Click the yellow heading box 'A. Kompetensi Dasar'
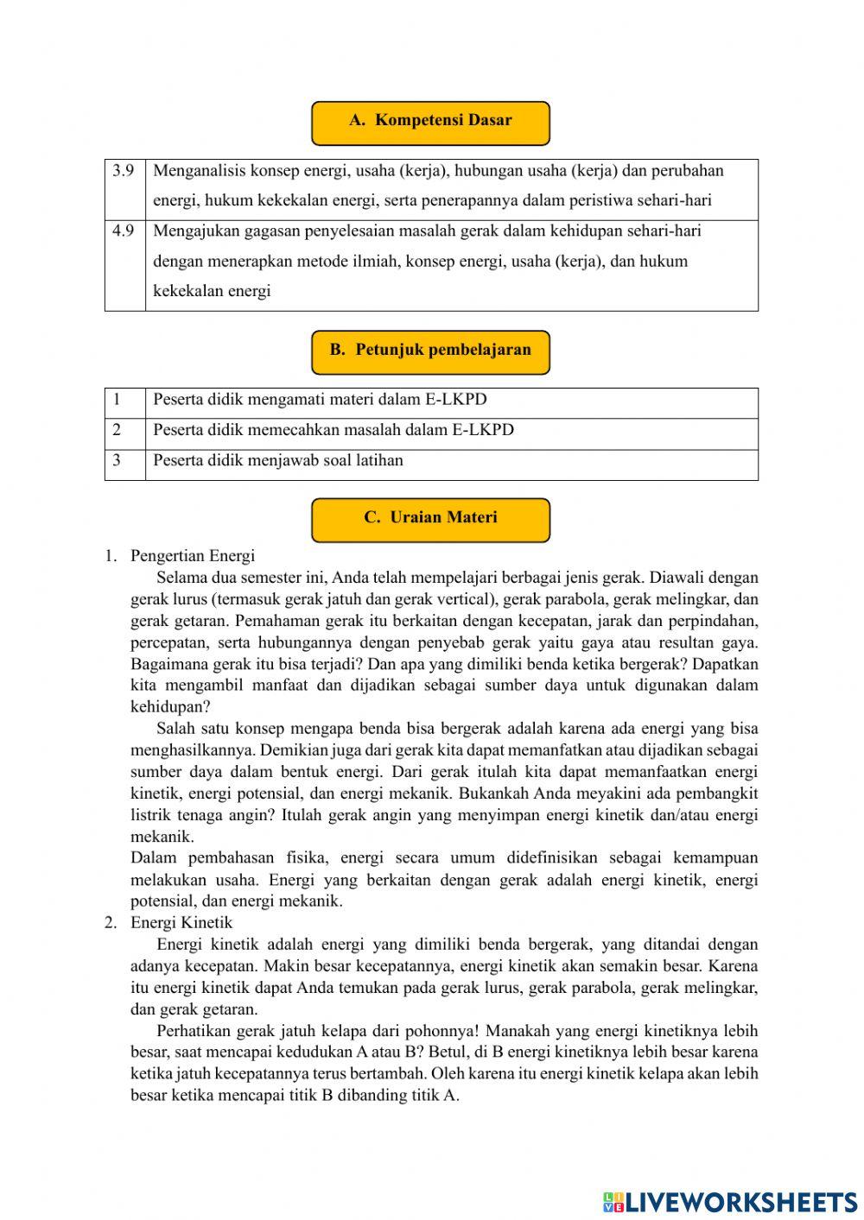coord(430,122)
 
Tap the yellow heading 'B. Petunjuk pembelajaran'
coord(430,351)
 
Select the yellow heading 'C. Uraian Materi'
coord(430,519)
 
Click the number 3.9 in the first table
coord(124,171)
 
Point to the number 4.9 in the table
coord(124,231)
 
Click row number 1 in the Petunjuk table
coord(117,400)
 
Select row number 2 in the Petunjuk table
coord(117,430)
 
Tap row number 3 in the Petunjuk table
coord(117,460)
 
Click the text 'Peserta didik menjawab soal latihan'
coord(278,460)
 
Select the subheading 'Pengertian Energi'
coord(193,556)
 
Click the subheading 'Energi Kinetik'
coord(181,923)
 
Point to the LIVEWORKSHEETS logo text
coord(740,1201)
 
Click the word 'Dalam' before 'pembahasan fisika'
coord(153,858)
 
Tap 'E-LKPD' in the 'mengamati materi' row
coord(456,400)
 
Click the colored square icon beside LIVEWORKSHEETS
coord(613,1202)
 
